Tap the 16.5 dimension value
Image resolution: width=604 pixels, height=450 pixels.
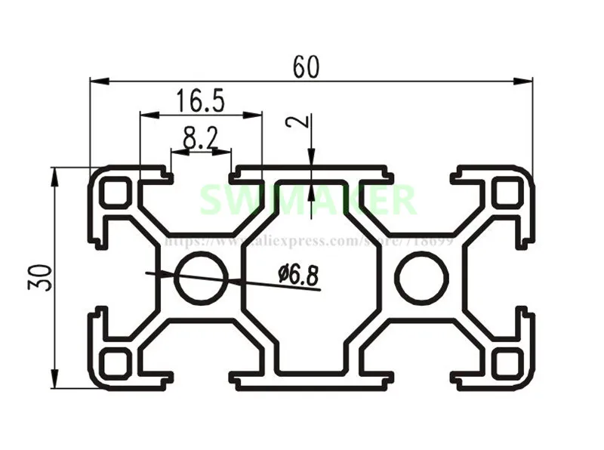click(x=200, y=100)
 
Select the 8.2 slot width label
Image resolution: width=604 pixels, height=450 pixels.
click(x=200, y=137)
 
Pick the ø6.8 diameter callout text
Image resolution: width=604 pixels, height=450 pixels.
click(x=298, y=275)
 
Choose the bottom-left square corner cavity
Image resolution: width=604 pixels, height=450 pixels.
click(x=116, y=363)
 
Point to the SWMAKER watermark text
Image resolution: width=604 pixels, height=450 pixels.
click(x=306, y=201)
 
